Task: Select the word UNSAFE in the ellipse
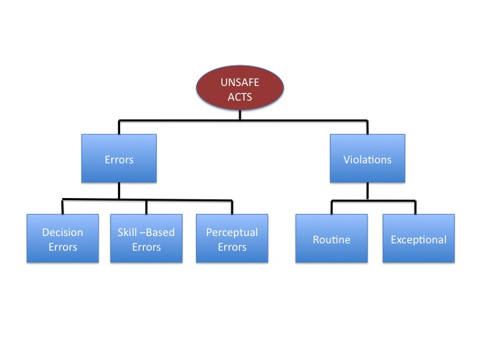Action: (x=240, y=83)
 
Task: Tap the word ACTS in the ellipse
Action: (x=240, y=97)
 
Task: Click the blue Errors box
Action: (x=119, y=159)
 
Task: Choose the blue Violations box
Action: (x=367, y=159)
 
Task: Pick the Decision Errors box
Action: (x=63, y=239)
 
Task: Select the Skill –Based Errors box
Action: (x=147, y=239)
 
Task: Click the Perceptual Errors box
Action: (x=231, y=239)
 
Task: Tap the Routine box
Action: (x=331, y=239)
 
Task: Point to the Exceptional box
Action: (x=419, y=239)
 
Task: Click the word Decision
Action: (x=63, y=233)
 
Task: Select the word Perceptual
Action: (x=231, y=233)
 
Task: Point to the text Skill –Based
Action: (x=147, y=233)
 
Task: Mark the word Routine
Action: (x=331, y=239)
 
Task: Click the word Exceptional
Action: (x=419, y=239)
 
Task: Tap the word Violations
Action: (x=367, y=159)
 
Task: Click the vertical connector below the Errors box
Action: (x=119, y=191)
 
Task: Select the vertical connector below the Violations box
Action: (x=367, y=191)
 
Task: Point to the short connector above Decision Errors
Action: (x=63, y=207)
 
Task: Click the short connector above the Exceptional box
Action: (x=415, y=207)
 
